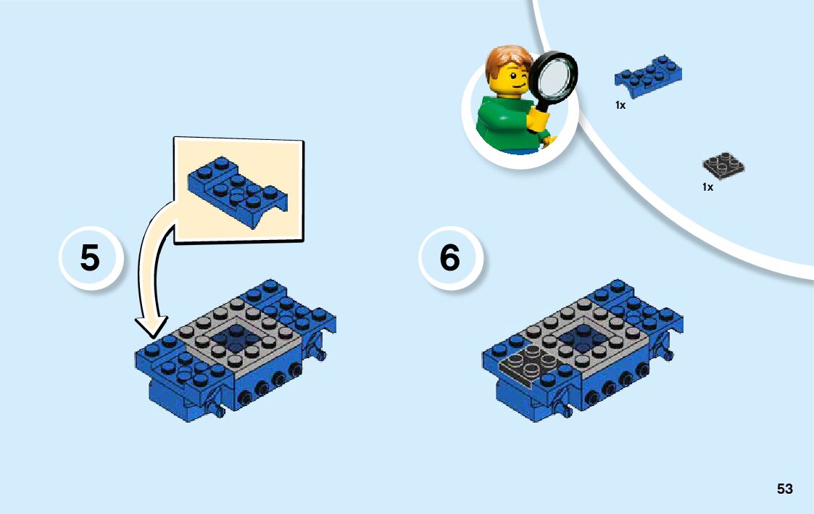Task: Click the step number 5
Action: (90, 258)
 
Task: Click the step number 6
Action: (449, 257)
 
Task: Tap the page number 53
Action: (785, 489)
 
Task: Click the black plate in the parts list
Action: (723, 165)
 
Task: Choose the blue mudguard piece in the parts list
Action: (649, 76)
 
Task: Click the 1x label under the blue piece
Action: (620, 105)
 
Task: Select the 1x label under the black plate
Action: (707, 187)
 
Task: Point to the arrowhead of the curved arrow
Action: (151, 326)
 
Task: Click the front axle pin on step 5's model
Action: (217, 410)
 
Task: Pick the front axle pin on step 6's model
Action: (565, 410)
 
